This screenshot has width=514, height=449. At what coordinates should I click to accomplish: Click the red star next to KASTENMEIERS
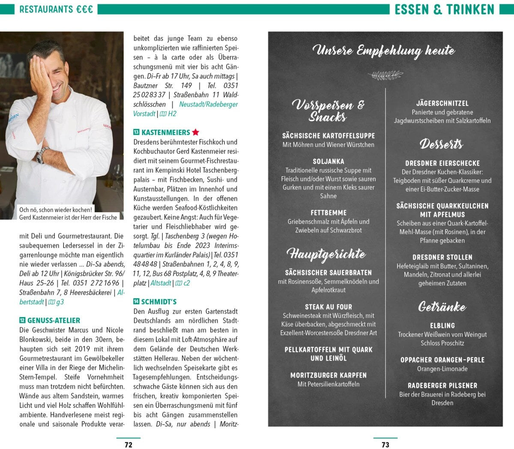click(195, 132)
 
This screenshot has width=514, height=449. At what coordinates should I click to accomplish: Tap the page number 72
click(128, 444)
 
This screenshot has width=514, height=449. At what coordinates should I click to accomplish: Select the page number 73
click(385, 444)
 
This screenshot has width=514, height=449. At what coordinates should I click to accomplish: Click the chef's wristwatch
click(42, 156)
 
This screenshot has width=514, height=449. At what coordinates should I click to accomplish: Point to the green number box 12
click(22, 320)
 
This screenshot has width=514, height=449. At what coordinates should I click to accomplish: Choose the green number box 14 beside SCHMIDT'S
click(136, 302)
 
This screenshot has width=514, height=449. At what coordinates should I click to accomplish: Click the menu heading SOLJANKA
click(329, 162)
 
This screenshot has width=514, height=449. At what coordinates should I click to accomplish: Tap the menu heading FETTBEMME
click(329, 213)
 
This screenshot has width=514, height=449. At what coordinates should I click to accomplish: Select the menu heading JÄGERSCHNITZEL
click(442, 103)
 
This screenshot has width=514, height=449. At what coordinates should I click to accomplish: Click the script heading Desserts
click(441, 144)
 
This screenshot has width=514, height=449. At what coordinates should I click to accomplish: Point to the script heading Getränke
click(442, 307)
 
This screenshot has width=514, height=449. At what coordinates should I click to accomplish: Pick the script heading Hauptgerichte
click(326, 254)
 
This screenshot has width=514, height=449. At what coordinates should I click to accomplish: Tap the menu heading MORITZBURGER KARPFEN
click(329, 375)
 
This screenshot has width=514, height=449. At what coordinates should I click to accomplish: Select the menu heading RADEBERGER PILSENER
click(442, 386)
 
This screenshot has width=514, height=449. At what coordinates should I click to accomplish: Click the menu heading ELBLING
click(442, 326)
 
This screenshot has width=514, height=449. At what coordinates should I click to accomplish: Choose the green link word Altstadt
click(161, 283)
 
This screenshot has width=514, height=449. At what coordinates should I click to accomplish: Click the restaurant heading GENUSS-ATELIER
click(54, 320)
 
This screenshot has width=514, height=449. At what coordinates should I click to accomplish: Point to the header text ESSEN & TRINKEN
click(444, 9)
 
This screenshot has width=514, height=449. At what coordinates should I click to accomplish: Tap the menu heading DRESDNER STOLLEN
click(442, 257)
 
